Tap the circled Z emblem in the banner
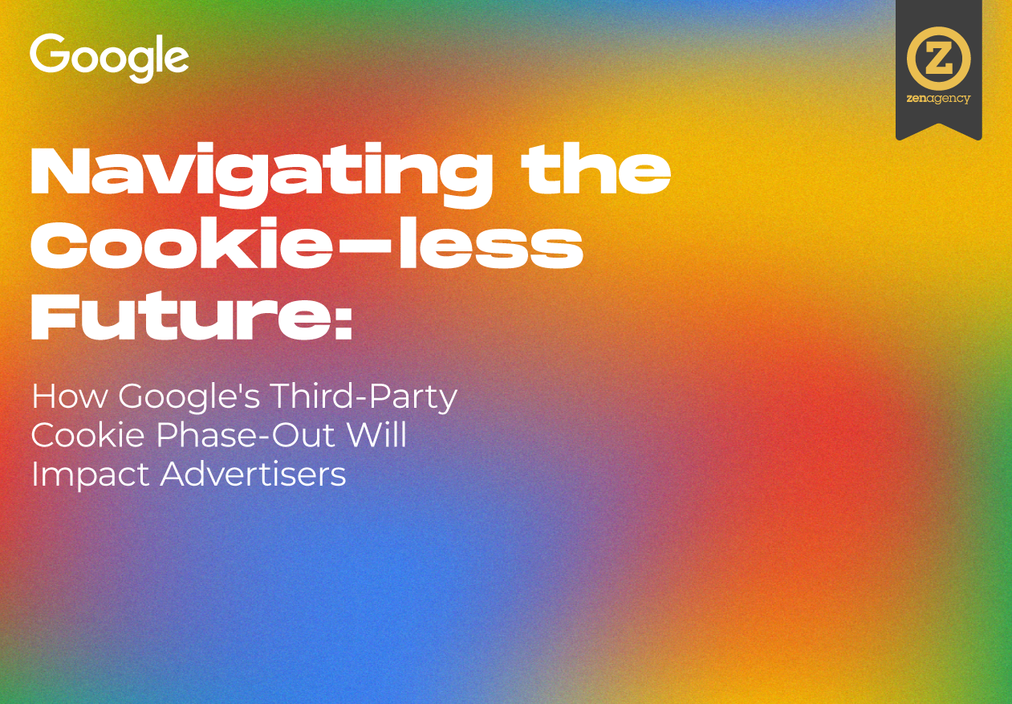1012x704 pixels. point(938,59)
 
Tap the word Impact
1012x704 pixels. point(90,474)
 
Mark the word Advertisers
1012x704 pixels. point(254,474)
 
